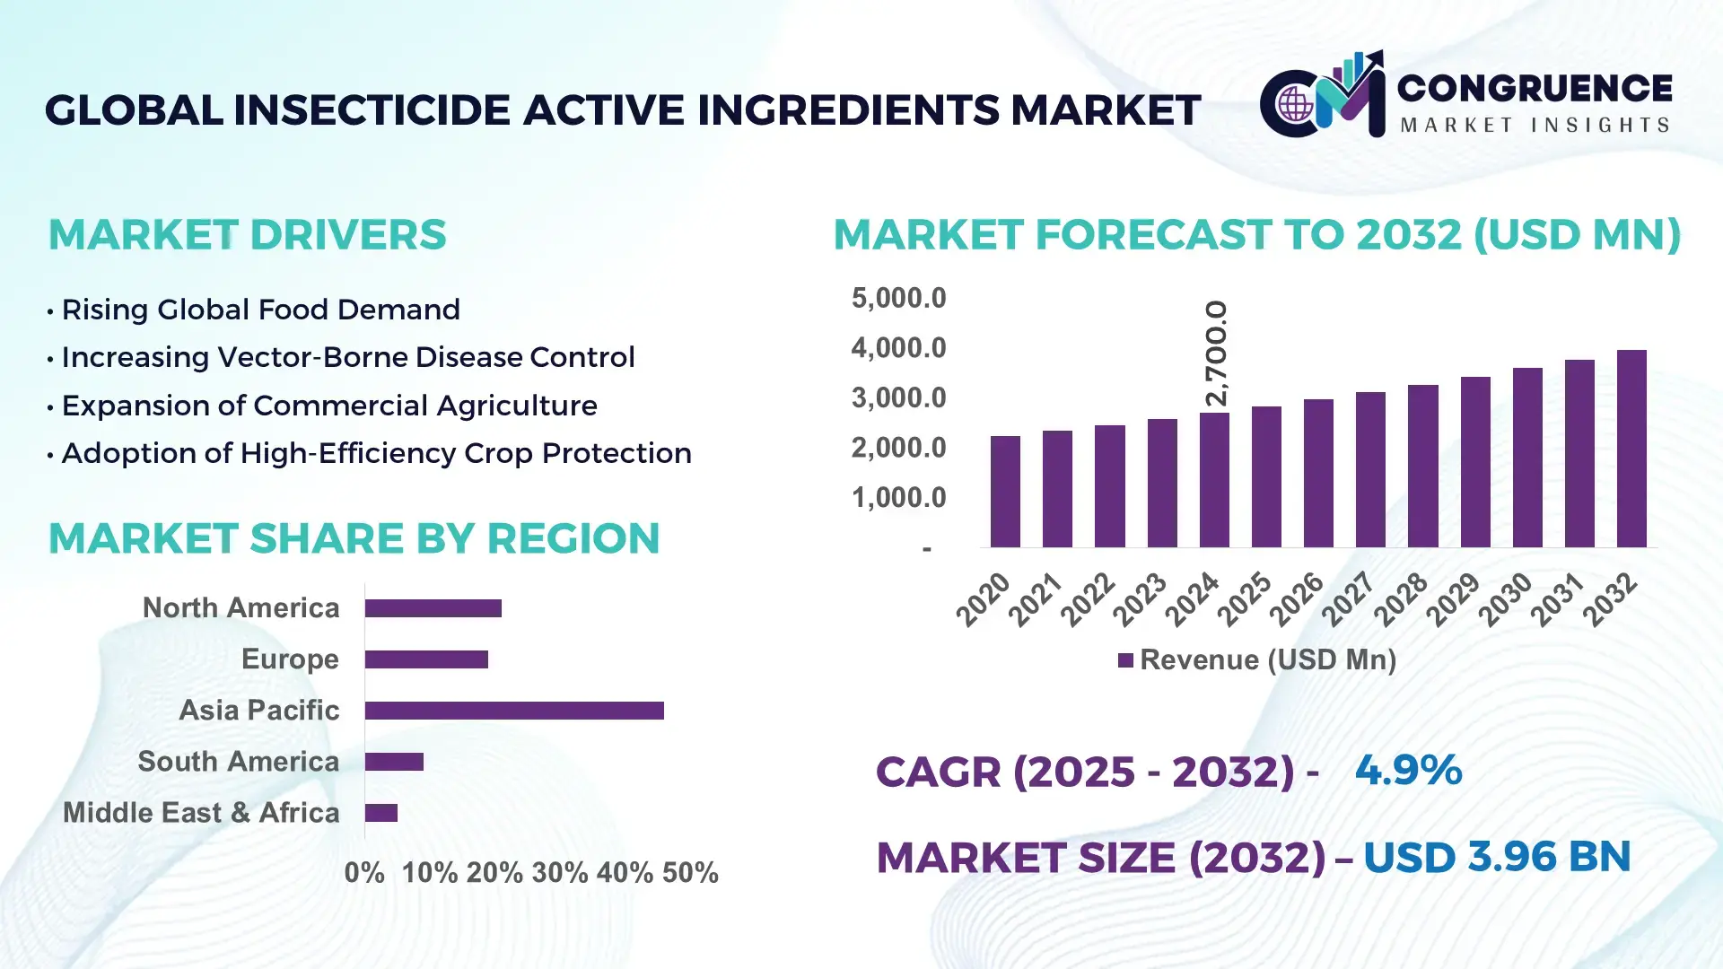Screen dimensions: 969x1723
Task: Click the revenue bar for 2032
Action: (x=1631, y=449)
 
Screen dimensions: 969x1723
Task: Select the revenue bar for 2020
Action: (x=1005, y=492)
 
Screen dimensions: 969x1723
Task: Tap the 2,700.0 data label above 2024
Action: (x=1216, y=354)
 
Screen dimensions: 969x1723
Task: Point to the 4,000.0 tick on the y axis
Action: (x=898, y=348)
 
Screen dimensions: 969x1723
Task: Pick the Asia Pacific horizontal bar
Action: (x=514, y=711)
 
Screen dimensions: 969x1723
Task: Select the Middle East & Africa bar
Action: (x=381, y=813)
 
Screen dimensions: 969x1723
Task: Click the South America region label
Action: (x=238, y=762)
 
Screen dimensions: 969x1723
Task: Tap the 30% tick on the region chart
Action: (x=560, y=873)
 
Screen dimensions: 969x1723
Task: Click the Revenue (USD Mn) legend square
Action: (x=1125, y=660)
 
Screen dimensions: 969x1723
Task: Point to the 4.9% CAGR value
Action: (x=1408, y=770)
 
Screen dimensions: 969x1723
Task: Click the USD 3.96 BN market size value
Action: (x=1496, y=857)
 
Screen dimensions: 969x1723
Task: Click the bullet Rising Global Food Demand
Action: (x=260, y=310)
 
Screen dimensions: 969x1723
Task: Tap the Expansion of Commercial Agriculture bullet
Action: (x=328, y=406)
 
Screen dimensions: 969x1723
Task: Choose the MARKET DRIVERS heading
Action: (x=247, y=235)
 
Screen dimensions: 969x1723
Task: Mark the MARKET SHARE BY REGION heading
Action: (x=354, y=539)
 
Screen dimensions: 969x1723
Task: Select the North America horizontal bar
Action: (x=433, y=608)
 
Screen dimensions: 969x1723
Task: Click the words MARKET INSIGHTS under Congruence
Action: (x=1535, y=126)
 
